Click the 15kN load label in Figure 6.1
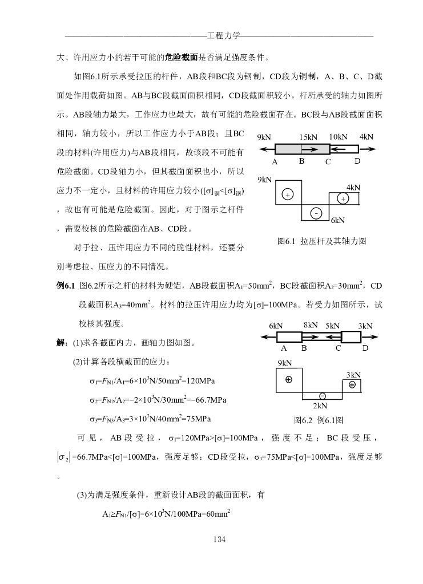308,137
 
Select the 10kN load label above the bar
338,137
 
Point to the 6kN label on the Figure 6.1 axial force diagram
338,220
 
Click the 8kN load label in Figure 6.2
311,325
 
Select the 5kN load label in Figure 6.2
333,326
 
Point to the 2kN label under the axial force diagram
320,405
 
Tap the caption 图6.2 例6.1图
318,420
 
